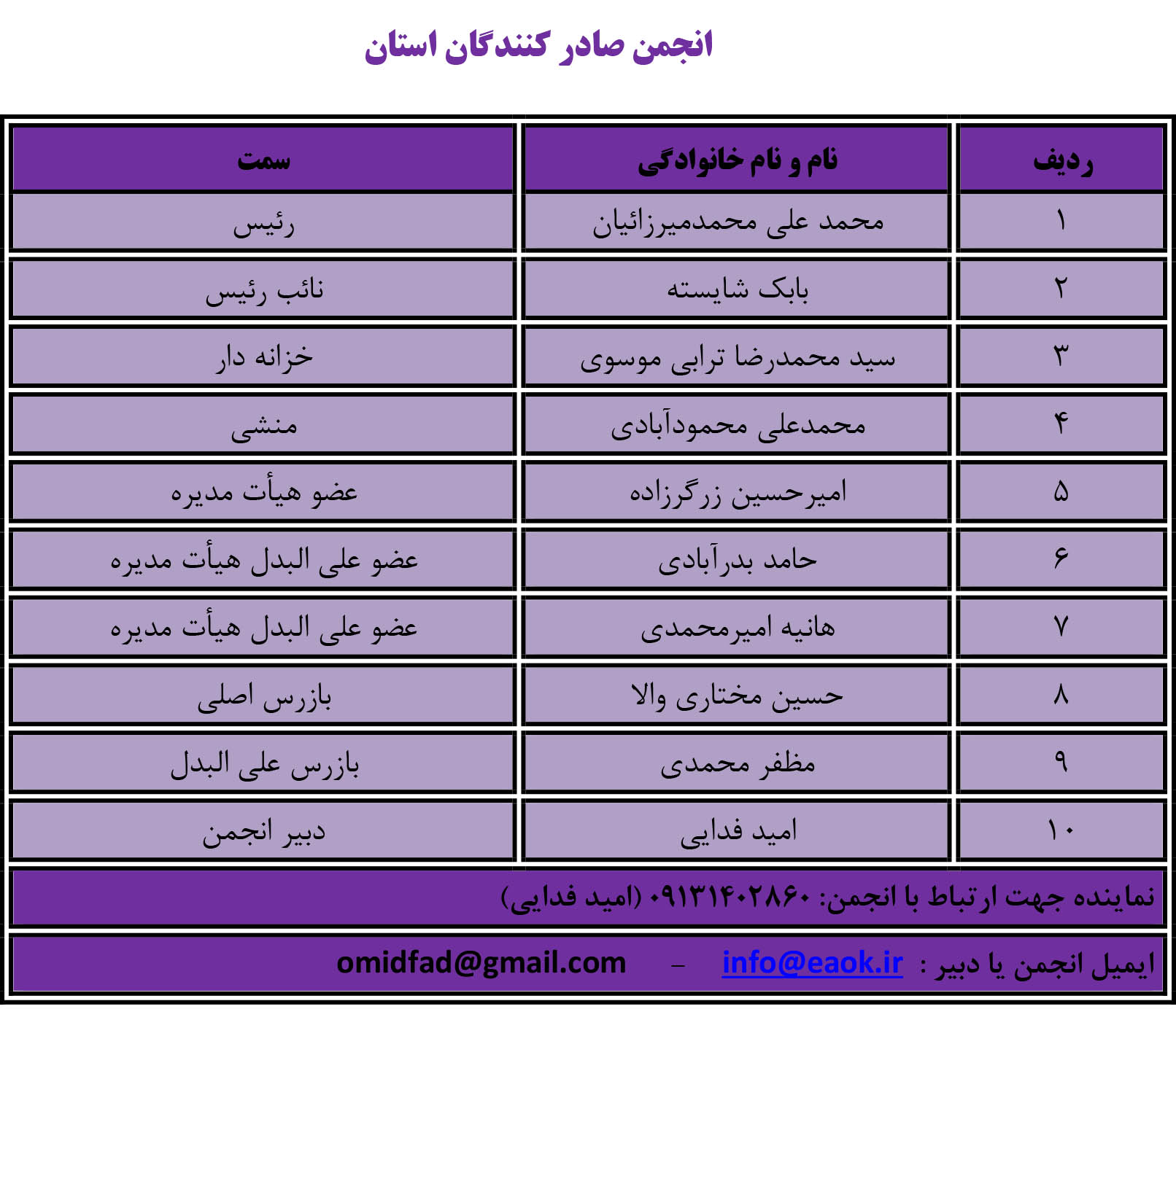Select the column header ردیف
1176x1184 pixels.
tap(1062, 160)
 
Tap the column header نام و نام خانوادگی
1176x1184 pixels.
tap(737, 160)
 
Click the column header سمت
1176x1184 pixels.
tap(263, 160)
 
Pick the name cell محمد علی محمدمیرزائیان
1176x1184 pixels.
tap(737, 222)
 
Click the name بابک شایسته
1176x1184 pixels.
tap(737, 289)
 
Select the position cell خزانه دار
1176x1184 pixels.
tap(263, 357)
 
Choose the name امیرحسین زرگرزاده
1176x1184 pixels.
tap(737, 493)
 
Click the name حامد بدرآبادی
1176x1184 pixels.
tap(737, 560)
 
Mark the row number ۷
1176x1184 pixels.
tap(1061, 627)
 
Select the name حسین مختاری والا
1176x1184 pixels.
tap(737, 696)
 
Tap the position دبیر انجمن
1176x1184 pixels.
tap(263, 832)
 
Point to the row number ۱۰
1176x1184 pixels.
tap(1061, 830)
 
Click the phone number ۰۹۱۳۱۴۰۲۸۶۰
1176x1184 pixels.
tap(728, 896)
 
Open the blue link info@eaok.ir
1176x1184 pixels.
tap(812, 963)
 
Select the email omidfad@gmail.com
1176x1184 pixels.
tap(481, 963)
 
